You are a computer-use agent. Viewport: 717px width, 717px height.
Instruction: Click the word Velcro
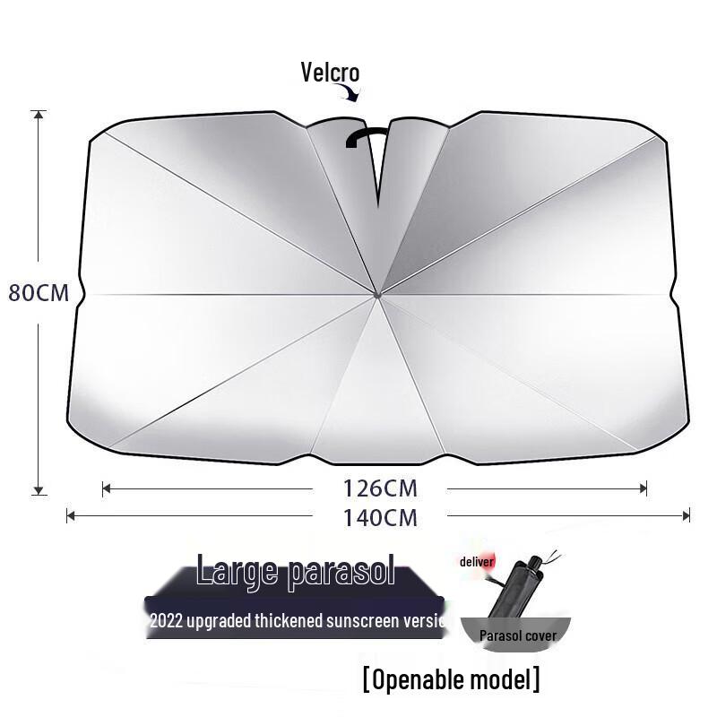(330, 73)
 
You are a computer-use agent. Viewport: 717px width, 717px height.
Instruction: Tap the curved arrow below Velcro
(349, 93)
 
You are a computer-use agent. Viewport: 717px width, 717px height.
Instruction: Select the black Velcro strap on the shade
(367, 135)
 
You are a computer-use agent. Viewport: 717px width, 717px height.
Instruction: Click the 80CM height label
(39, 293)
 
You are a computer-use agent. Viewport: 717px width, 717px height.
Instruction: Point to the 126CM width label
(381, 488)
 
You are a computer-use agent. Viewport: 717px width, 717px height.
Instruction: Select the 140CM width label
(381, 516)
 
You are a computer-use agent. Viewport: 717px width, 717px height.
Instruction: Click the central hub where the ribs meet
(377, 292)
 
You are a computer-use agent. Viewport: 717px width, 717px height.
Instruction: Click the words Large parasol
(296, 571)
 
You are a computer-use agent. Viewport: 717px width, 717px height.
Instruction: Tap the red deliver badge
(477, 562)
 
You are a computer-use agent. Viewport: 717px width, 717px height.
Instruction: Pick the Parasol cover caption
(518, 635)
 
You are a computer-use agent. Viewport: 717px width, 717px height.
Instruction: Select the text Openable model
(451, 679)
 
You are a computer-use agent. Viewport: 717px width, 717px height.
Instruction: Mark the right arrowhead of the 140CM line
(686, 515)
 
